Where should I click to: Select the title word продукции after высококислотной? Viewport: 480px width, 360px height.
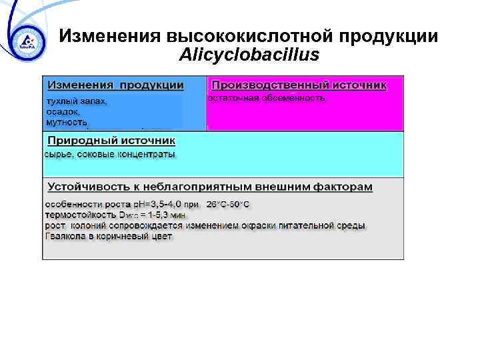coord(391,37)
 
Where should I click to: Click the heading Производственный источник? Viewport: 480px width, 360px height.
coord(298,85)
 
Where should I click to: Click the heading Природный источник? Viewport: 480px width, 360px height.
coord(111,141)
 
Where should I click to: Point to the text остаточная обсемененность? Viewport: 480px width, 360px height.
coord(266,98)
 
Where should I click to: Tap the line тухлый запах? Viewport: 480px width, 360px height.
coord(76,101)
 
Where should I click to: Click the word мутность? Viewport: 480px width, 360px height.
coord(66,123)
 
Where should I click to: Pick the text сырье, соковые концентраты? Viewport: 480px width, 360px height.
coord(110,154)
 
